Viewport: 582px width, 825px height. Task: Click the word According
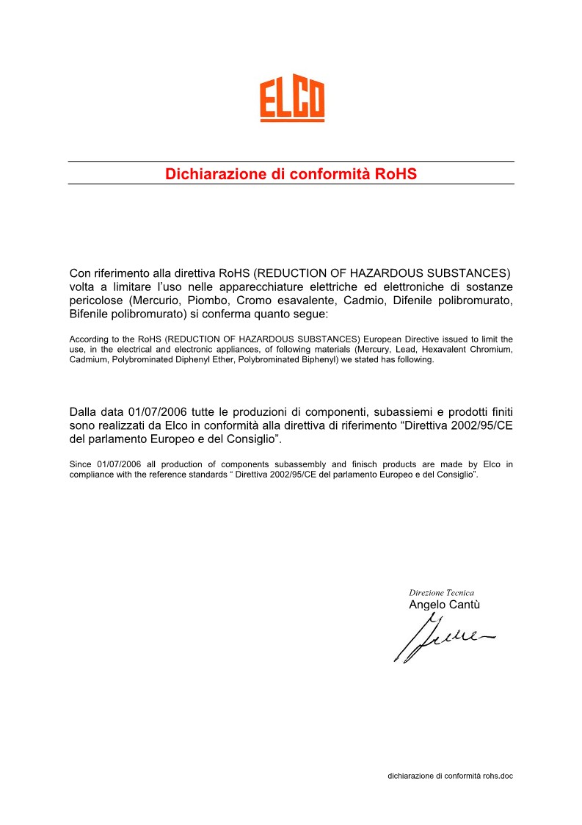[x=88, y=339]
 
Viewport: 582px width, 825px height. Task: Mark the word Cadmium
[x=88, y=360]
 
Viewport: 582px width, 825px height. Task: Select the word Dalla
[x=84, y=411]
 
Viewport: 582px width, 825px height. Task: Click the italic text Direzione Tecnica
[x=441, y=592]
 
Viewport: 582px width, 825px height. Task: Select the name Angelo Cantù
[x=444, y=605]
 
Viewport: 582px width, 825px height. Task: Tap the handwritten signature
[x=440, y=636]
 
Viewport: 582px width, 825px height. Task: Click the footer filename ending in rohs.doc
[x=450, y=775]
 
